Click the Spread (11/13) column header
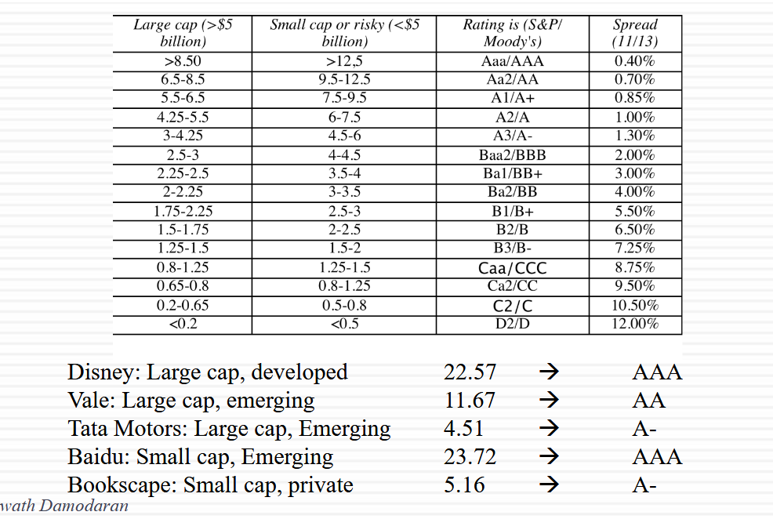click(x=635, y=34)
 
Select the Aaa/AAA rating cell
click(x=512, y=61)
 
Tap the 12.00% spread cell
click(x=635, y=324)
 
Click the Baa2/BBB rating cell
click(x=512, y=155)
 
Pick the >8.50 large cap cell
click(x=183, y=61)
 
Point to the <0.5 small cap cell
click(x=344, y=324)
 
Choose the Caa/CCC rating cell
click(x=512, y=268)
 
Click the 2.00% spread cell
click(x=635, y=155)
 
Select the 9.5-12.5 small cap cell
click(x=344, y=79)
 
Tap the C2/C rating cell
click(x=512, y=306)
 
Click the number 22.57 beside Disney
click(x=470, y=372)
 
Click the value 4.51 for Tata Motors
click(x=463, y=429)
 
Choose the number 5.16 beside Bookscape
click(x=463, y=485)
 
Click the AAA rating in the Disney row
click(x=657, y=372)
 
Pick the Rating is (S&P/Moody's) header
click(x=512, y=34)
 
